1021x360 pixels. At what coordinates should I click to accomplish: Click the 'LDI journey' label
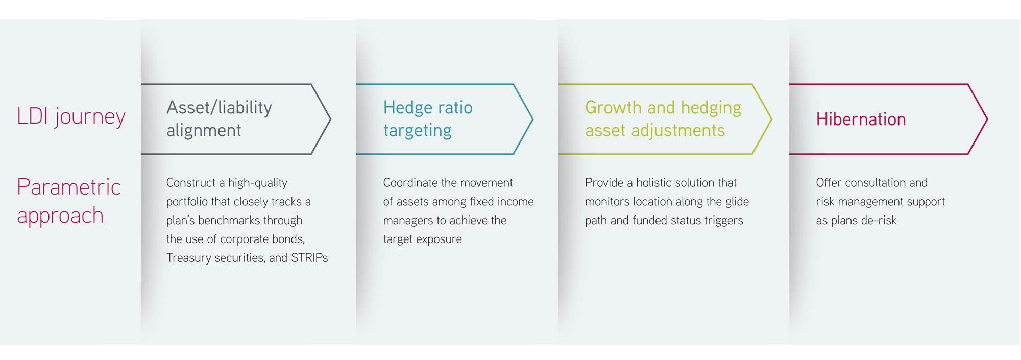(71, 117)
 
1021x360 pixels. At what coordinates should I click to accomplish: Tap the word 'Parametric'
(69, 187)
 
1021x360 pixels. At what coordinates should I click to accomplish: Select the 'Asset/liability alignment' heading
(219, 119)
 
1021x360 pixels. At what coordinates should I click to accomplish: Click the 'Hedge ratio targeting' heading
(428, 119)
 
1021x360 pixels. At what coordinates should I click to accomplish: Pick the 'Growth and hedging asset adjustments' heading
(663, 119)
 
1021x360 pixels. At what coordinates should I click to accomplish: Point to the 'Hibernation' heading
(861, 119)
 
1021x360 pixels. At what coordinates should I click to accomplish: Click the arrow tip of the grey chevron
(331, 119)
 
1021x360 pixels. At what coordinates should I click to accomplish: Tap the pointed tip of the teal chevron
(533, 119)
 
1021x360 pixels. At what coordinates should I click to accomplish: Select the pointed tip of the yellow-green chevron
(771, 119)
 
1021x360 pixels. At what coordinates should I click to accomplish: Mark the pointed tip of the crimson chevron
(987, 119)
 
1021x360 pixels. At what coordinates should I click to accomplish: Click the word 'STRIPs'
(309, 258)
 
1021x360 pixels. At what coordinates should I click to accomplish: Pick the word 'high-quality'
(258, 183)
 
